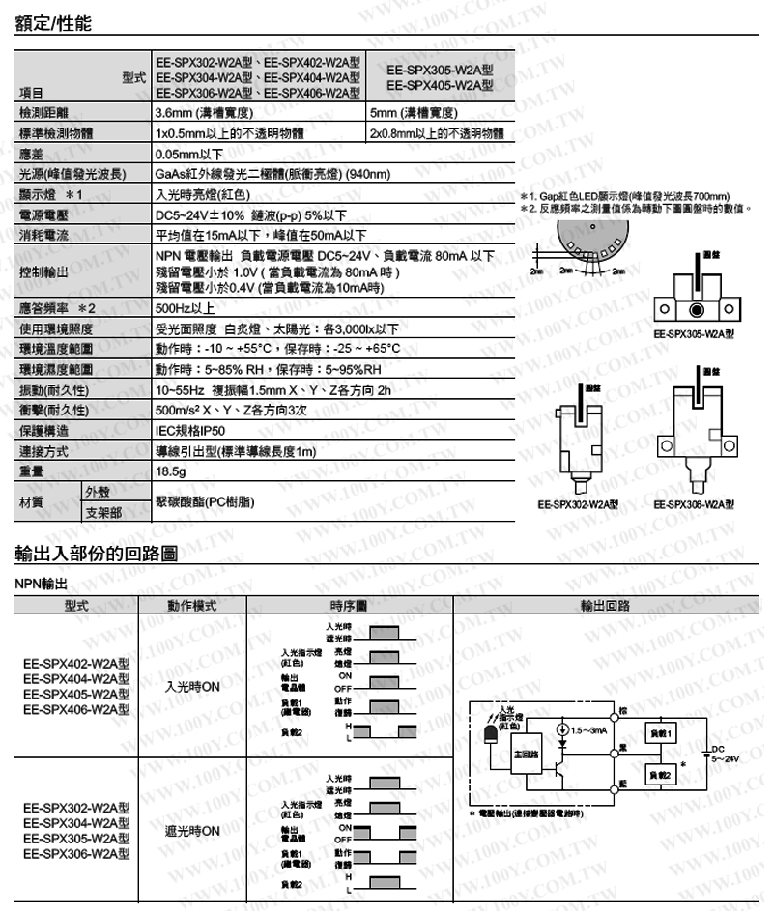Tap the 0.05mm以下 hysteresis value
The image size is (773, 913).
click(189, 154)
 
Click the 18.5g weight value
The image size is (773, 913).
click(171, 471)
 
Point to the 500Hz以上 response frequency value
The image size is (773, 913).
click(186, 308)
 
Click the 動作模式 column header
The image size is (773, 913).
click(190, 607)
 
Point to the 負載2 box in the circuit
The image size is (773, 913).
click(662, 775)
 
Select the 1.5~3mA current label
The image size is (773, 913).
click(590, 729)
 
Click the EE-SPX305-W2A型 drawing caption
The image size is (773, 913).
click(693, 334)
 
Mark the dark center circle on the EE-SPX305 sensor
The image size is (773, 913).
click(696, 311)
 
